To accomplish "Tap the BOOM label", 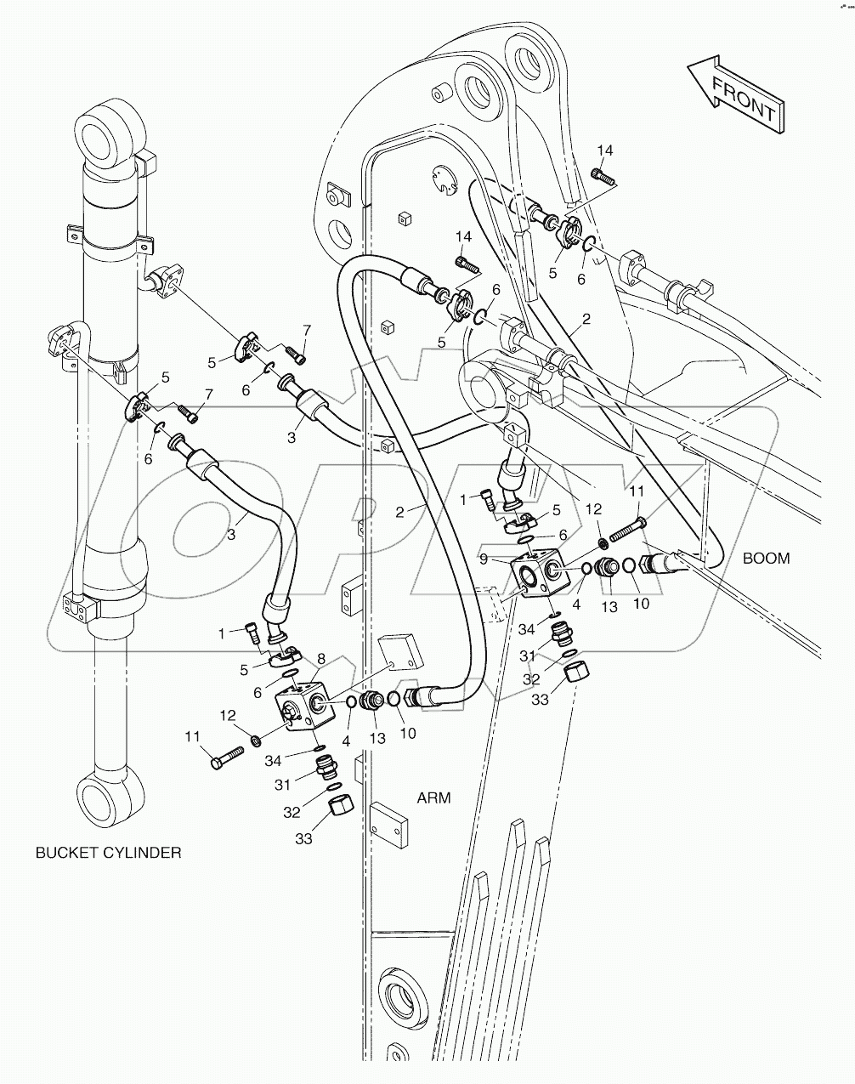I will click(x=766, y=559).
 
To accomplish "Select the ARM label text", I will click(x=433, y=797).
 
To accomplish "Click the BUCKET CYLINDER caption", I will click(x=108, y=853).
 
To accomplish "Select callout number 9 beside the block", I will click(x=483, y=560).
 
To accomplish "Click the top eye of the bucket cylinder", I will click(x=106, y=133).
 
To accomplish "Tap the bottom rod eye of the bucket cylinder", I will click(x=104, y=798).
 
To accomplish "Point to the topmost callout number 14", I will click(x=604, y=150).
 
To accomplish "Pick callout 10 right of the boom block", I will click(x=641, y=603).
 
